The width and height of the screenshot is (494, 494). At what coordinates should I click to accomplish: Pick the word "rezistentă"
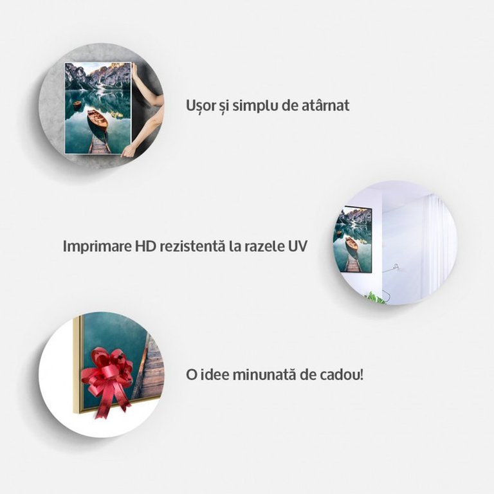[192, 246]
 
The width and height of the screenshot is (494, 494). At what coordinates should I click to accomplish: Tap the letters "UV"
[297, 246]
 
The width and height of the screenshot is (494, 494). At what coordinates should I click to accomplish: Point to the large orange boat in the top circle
[97, 119]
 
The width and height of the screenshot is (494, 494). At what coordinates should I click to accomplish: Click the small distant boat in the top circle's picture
[77, 104]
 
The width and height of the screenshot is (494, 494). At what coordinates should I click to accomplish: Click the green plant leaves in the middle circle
[376, 298]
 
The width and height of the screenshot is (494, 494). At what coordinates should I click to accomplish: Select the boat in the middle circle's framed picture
[351, 244]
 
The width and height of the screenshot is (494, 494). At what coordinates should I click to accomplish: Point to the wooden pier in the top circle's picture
[99, 144]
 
